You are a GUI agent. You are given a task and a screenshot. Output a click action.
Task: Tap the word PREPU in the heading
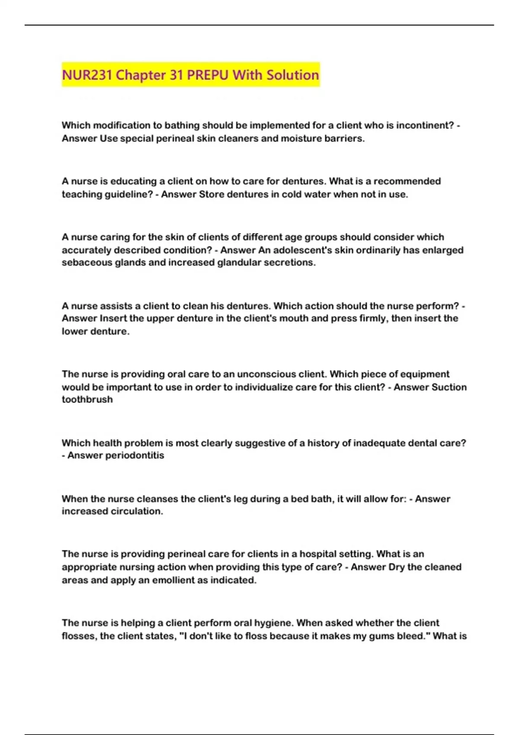(x=208, y=75)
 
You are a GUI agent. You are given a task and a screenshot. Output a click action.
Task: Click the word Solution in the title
(x=293, y=75)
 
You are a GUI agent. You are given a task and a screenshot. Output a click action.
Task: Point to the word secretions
(x=290, y=262)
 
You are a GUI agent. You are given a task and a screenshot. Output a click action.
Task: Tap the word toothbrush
(x=87, y=399)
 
